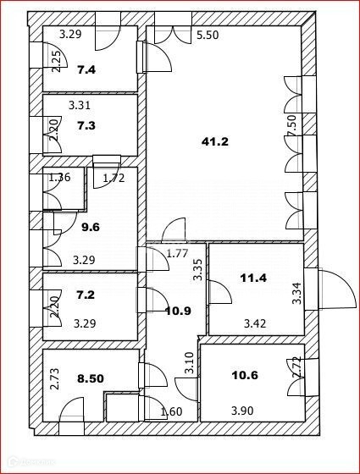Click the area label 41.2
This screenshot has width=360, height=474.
pos(215,141)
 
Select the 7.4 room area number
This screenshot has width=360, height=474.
pos(86,70)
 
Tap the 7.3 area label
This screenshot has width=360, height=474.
pos(86,125)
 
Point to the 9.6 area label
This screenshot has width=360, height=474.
pos(91,227)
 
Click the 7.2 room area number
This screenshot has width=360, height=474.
pos(86,295)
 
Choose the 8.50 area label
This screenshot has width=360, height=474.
pos(91,378)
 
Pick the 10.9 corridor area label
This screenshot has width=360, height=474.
pos(178,311)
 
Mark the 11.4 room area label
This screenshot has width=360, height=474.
pos(253,278)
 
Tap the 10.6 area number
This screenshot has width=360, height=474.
pos(245,376)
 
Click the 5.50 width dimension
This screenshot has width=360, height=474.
pos(208,35)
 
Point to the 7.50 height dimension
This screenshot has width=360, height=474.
pos(292,126)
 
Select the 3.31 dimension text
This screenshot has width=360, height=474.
pos(80,106)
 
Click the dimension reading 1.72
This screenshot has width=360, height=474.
pos(114,178)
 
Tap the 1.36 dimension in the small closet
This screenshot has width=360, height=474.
pos(59,177)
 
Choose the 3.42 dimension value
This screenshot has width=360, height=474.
pos(255,323)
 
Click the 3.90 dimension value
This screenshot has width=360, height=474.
pos(242,411)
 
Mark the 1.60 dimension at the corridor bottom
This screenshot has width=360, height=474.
pos(171,411)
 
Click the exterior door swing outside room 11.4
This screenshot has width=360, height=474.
pos(336,289)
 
